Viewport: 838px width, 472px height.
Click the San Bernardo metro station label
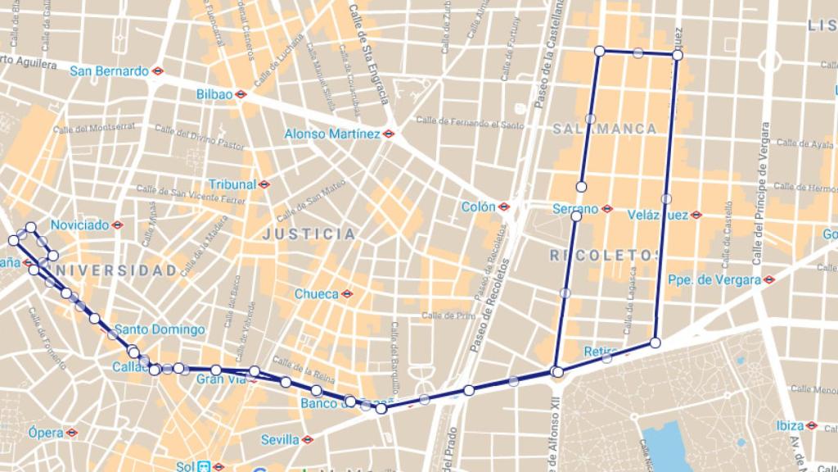click(109, 71)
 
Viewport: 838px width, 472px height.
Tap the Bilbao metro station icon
click(241, 94)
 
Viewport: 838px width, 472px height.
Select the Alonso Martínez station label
click(332, 134)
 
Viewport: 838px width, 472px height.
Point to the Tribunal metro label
click(232, 184)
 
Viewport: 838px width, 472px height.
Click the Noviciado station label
click(79, 225)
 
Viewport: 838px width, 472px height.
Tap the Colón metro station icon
click(504, 207)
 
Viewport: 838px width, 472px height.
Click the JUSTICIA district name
click(309, 234)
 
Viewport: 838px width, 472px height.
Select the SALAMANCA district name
click(605, 129)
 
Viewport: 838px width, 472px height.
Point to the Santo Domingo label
click(160, 329)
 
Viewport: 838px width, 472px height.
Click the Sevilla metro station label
click(280, 440)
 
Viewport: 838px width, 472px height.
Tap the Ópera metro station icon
click(72, 432)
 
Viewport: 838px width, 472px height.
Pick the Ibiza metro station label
click(790, 425)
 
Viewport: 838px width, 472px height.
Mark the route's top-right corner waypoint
click(678, 55)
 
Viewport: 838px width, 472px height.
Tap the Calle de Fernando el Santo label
click(470, 122)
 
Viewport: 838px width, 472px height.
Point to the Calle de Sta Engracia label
click(367, 54)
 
